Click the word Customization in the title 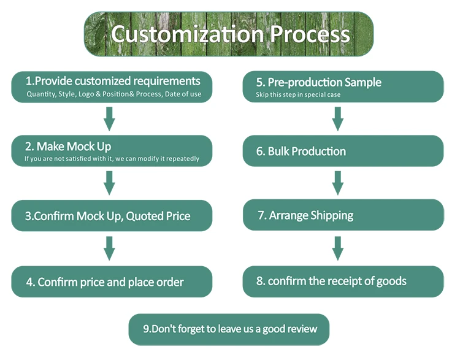(x=188, y=34)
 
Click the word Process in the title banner (x=310, y=34)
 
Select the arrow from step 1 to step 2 (x=109, y=119)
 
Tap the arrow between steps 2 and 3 (x=109, y=183)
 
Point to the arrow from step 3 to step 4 (x=109, y=248)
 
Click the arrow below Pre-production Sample (x=338, y=119)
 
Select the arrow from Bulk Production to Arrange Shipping (x=338, y=183)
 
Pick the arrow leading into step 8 (x=338, y=248)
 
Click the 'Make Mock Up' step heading (x=68, y=147)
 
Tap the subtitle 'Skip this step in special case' (x=298, y=95)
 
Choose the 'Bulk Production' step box (x=343, y=151)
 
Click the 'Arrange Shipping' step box (x=343, y=215)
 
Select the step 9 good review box (x=229, y=329)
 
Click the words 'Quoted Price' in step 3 (x=158, y=216)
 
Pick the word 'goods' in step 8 (x=391, y=281)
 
